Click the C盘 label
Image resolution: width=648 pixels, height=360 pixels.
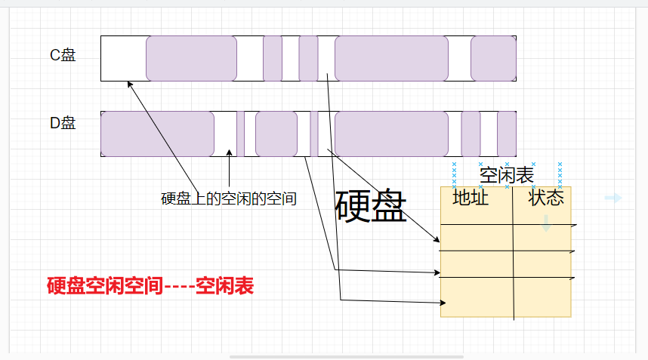[x=63, y=56]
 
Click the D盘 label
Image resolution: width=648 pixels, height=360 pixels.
[x=63, y=123]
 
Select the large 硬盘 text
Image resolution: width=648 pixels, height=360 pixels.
[x=371, y=205]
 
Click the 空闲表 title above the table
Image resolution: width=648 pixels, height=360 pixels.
[x=507, y=175]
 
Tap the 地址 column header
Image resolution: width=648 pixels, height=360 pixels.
[x=471, y=198]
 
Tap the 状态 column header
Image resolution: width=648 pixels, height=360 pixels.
[x=546, y=198]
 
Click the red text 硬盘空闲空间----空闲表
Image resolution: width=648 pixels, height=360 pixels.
[x=150, y=286]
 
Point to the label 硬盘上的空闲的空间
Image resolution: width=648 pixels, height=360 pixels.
[x=228, y=199]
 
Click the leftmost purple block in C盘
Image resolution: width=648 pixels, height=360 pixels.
[x=191, y=58]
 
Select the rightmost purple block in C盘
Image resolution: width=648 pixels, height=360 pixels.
[x=493, y=58]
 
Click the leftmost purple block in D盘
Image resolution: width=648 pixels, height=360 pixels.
[x=157, y=134]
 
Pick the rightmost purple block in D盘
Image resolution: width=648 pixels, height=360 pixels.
[x=507, y=134]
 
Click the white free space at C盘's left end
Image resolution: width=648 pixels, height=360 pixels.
[x=123, y=58]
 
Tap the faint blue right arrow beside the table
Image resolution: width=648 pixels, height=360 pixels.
[x=613, y=198]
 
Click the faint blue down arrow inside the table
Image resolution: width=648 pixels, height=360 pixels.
[x=546, y=223]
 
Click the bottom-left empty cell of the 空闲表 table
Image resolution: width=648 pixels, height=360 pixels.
[x=477, y=298]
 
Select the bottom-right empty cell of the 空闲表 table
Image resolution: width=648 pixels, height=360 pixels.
[x=542, y=298]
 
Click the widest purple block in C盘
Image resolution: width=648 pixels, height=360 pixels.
[x=391, y=58]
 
